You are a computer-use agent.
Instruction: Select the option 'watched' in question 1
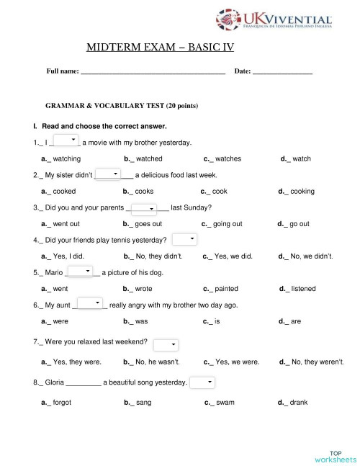(x=148, y=158)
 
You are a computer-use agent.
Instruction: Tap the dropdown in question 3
(x=144, y=208)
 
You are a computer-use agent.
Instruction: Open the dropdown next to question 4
(x=184, y=239)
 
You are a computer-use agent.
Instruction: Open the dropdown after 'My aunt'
(x=89, y=304)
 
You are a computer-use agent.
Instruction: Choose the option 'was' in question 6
(x=141, y=321)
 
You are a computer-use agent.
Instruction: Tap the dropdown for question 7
(x=166, y=345)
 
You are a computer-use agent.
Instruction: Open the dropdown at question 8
(x=202, y=382)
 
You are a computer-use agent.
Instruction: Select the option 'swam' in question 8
(x=225, y=403)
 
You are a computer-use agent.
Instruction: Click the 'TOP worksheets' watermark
(x=335, y=455)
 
